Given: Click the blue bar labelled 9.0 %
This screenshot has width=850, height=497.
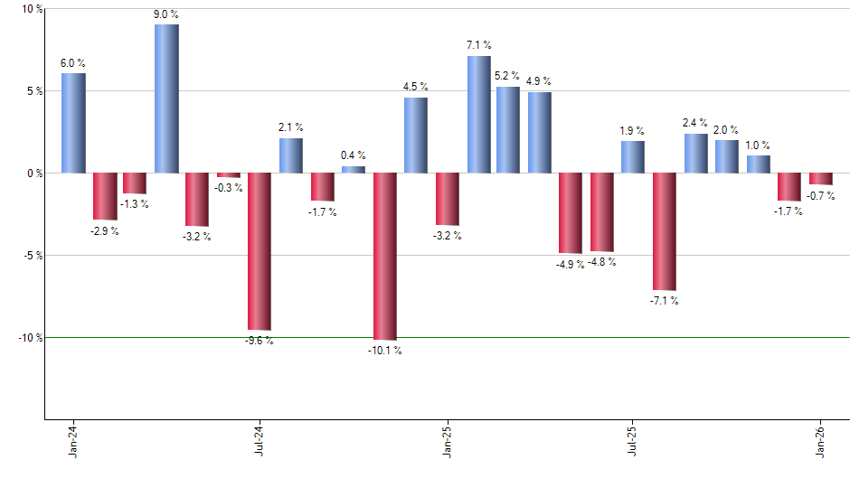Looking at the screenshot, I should click(x=166, y=98).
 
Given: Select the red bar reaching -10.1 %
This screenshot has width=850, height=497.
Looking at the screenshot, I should click(x=384, y=256).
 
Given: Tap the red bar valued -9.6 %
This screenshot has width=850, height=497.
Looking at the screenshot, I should click(x=260, y=251).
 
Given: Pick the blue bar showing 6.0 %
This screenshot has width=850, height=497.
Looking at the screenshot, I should click(x=73, y=123).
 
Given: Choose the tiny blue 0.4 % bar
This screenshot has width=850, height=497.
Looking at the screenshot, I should click(x=353, y=169).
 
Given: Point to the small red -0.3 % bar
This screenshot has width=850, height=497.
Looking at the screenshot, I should click(x=229, y=175).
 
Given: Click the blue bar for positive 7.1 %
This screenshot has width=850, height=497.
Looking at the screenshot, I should click(x=478, y=114).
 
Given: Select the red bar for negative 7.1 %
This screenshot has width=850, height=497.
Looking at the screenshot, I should click(x=665, y=230).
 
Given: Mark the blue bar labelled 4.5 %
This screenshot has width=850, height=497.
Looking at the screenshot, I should click(x=415, y=136).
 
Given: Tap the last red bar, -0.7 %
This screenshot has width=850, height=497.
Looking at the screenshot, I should click(x=821, y=178).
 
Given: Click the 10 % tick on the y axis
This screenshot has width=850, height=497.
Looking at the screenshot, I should click(x=32, y=9).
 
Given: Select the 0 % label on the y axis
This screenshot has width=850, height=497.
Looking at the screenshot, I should click(x=33, y=173).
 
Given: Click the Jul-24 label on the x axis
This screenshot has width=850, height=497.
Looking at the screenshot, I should click(x=260, y=441).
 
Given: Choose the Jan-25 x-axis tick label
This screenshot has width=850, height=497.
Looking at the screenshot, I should click(x=447, y=441).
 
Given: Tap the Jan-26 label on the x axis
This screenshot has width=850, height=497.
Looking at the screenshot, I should click(x=821, y=441).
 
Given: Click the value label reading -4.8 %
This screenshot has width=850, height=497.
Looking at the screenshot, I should click(x=601, y=262).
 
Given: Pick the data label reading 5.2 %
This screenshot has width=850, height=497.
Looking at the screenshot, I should click(x=508, y=76).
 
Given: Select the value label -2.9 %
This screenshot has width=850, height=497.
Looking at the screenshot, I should click(x=105, y=231).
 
